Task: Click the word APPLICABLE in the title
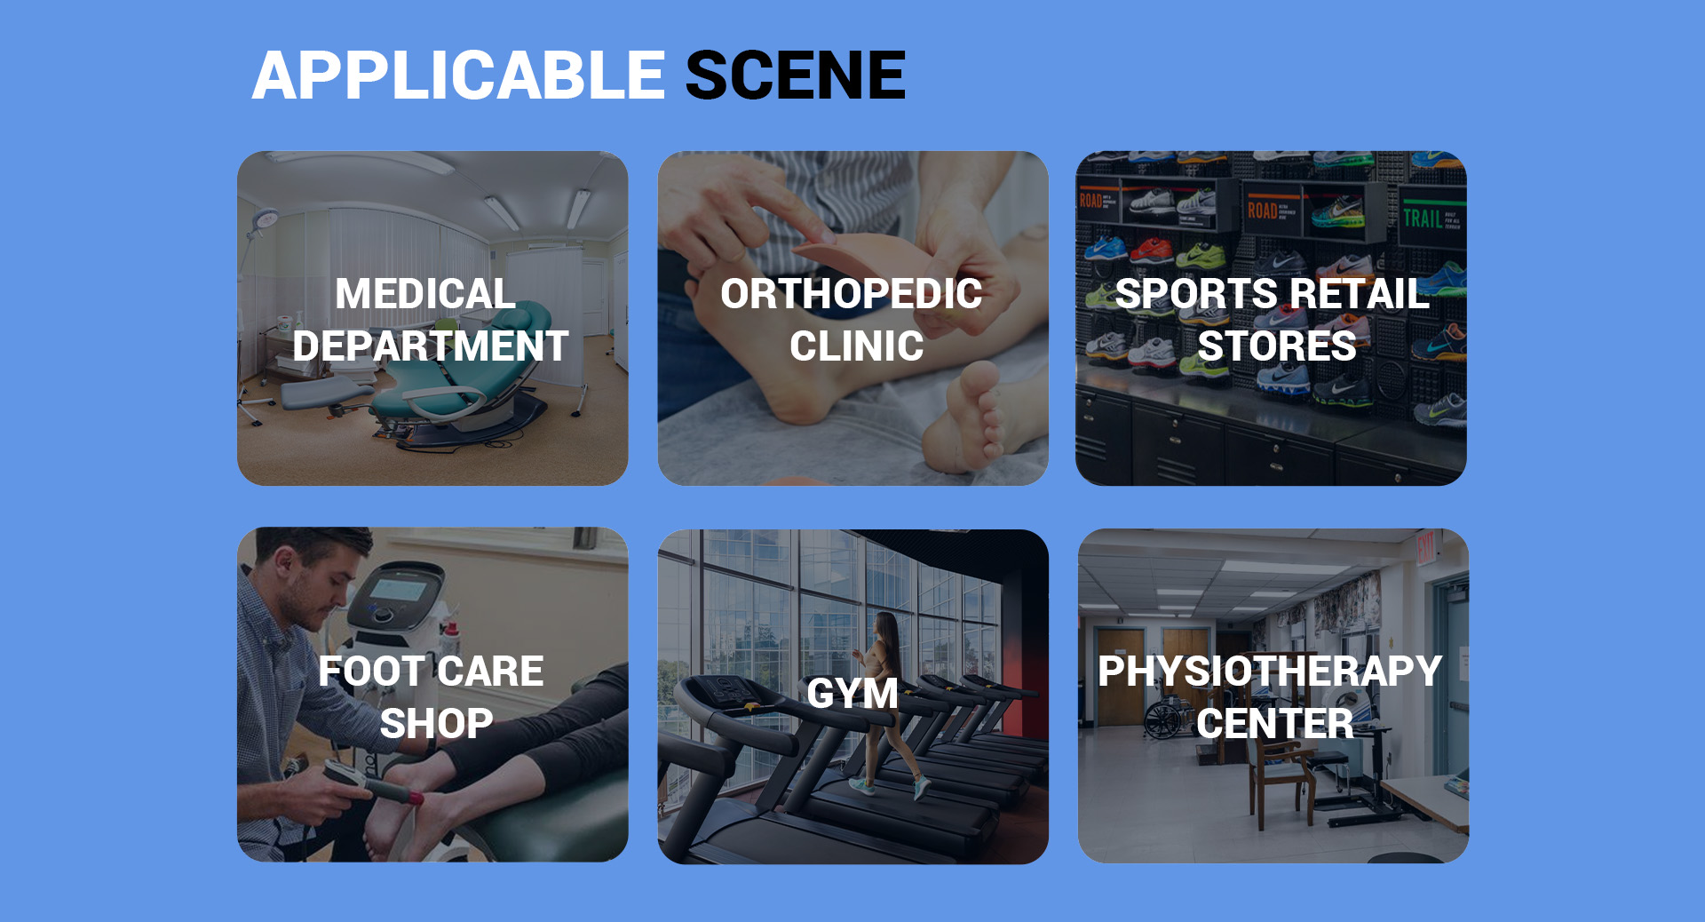[458, 76]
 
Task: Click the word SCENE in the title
[796, 76]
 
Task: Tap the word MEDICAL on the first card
[425, 294]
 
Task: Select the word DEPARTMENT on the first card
[431, 346]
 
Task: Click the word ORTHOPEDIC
[852, 294]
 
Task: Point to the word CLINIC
[857, 346]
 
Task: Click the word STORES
[1277, 346]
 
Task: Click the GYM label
[852, 694]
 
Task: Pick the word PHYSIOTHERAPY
[1270, 672]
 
